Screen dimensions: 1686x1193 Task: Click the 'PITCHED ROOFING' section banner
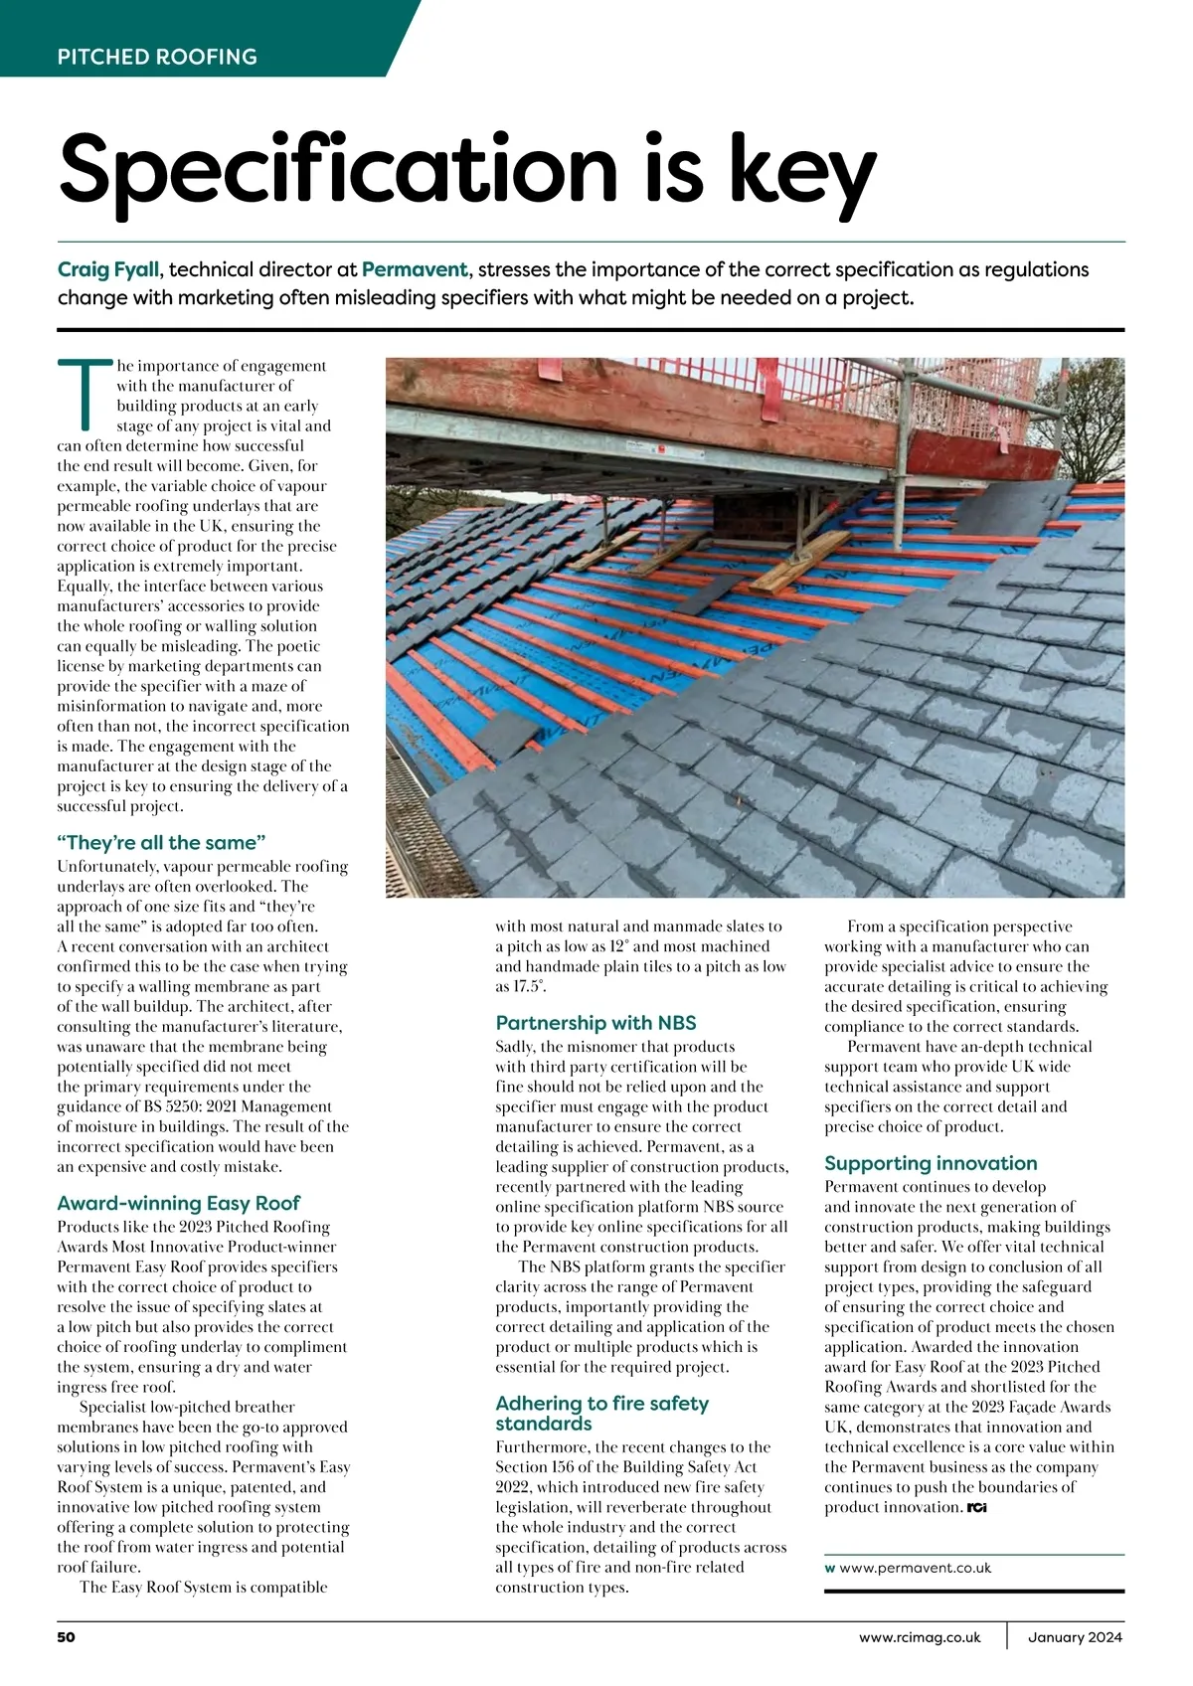[157, 57]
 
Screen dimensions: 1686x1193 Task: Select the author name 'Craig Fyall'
[107, 269]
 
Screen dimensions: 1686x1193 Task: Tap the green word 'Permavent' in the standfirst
[414, 269]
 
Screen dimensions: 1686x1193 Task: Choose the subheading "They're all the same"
[161, 843]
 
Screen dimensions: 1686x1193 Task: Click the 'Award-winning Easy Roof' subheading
[178, 1203]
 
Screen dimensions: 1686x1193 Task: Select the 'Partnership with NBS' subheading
[596, 1023]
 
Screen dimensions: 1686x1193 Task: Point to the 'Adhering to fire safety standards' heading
[601, 1413]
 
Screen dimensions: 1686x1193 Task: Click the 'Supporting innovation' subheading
[931, 1163]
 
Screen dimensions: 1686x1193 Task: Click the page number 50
[67, 1636]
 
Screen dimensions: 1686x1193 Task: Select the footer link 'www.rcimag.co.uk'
[920, 1637]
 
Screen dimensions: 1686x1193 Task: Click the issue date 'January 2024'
[1075, 1637]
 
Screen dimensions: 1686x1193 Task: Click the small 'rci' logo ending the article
[976, 1508]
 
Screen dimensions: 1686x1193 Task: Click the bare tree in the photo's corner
[1093, 398]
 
